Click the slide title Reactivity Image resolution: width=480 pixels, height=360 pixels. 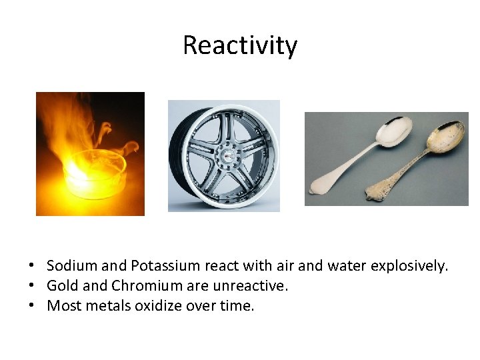tap(239, 45)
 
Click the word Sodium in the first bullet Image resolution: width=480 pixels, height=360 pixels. tap(71, 266)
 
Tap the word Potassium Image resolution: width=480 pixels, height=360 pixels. tap(165, 266)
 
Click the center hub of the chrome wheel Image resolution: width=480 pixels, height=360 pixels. tap(226, 155)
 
